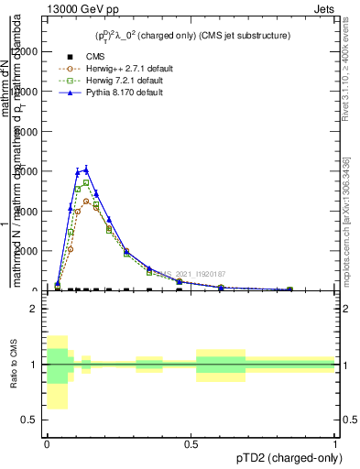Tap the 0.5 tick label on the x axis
click(x=191, y=443)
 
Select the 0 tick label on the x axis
click(x=47, y=443)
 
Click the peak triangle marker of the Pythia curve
click(x=86, y=169)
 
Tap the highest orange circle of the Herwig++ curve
click(x=86, y=202)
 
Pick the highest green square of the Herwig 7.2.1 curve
click(x=86, y=182)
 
